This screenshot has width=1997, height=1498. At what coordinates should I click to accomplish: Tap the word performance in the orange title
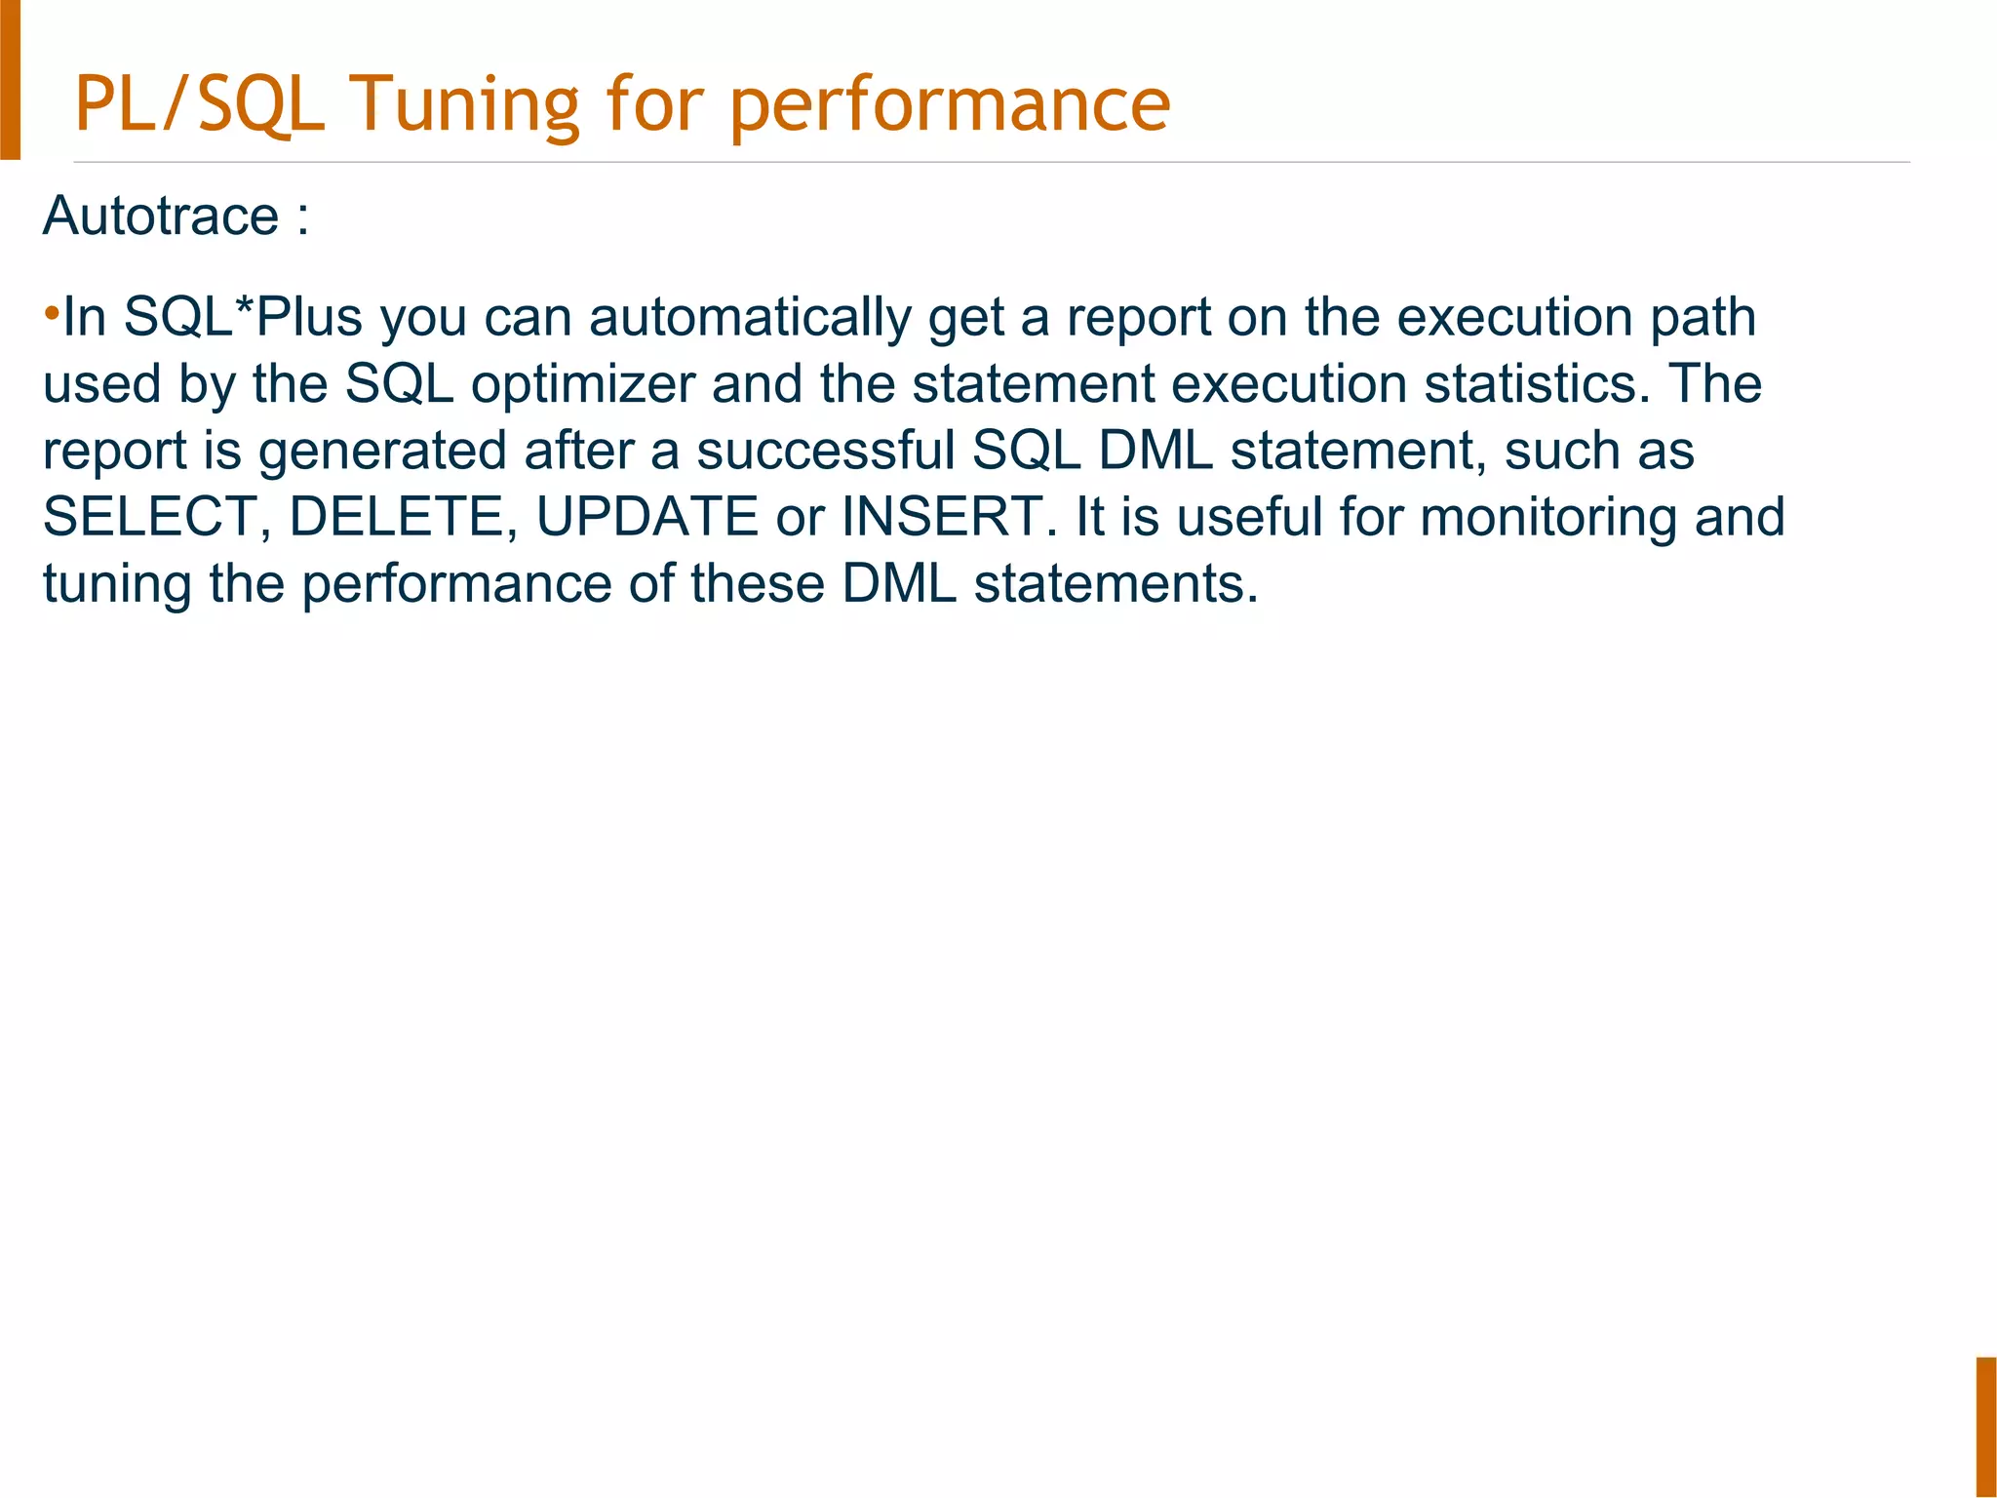[x=950, y=105]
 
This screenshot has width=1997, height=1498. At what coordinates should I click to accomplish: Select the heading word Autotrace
[x=161, y=216]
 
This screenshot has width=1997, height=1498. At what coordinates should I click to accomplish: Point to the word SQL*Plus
[x=243, y=317]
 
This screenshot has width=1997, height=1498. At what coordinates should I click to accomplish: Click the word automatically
[x=750, y=318]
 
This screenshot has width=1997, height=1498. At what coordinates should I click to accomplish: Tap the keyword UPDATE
[x=647, y=517]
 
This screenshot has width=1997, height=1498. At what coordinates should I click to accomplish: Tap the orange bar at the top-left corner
[x=10, y=78]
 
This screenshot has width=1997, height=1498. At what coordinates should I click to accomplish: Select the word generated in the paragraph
[x=382, y=452]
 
